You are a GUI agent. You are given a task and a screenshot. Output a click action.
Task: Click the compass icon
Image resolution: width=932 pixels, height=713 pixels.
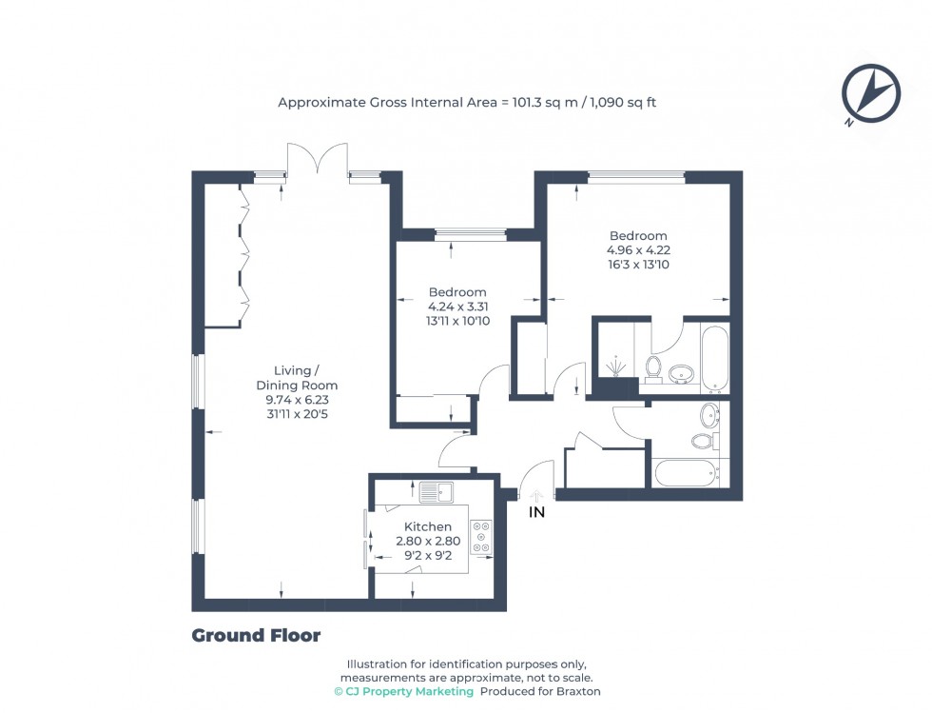pos(870,95)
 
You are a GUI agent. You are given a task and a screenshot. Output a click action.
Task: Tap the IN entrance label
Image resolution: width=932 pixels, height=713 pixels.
pos(537,512)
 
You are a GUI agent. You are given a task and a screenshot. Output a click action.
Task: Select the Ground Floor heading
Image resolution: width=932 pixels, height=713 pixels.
pos(256,636)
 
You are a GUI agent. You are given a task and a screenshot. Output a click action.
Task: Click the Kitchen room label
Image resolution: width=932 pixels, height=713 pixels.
pos(428,526)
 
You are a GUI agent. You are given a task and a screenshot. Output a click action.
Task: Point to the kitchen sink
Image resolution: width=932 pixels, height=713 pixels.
pos(437,492)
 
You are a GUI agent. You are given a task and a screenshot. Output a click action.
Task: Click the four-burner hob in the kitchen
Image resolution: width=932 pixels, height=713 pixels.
pos(482,536)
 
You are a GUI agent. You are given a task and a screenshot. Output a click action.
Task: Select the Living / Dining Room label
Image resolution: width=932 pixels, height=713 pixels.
pos(297,378)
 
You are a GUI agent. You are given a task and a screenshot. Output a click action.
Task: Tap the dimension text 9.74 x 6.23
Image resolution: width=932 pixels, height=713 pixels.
pos(297,400)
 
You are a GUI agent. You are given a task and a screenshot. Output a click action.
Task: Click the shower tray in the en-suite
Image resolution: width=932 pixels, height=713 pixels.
pos(616,366)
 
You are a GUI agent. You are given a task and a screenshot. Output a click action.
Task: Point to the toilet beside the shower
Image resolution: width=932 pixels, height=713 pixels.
pos(653,366)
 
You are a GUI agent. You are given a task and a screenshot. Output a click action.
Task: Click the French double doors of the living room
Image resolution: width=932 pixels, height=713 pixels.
pos(319,160)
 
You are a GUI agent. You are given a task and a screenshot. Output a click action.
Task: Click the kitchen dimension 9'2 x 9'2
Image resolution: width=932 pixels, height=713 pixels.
pos(428,555)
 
